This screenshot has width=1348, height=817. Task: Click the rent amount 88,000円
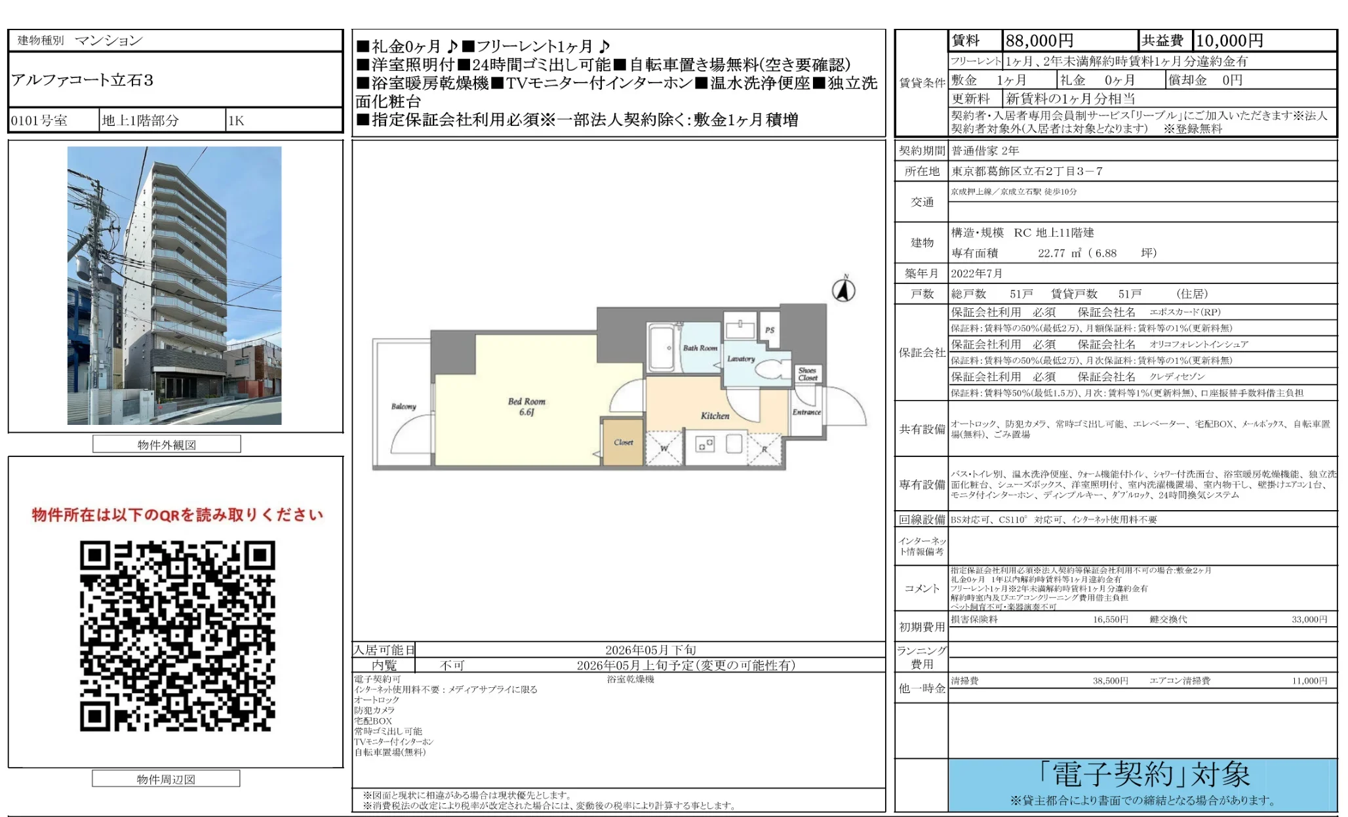[1039, 41]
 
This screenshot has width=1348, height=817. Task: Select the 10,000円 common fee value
[1229, 41]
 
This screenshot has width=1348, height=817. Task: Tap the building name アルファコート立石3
[83, 80]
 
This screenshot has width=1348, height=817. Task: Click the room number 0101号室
[39, 121]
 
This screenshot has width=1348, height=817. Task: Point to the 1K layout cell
[237, 121]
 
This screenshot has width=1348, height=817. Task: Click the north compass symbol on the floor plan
[844, 289]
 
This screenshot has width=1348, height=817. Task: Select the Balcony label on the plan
[403, 407]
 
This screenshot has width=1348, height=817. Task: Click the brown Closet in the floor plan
[623, 443]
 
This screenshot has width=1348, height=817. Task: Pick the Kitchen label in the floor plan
[715, 416]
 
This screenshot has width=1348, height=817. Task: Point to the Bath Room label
[700, 348]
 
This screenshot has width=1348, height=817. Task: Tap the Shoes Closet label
[808, 374]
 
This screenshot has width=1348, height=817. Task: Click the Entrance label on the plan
[806, 412]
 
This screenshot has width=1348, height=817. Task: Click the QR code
[177, 636]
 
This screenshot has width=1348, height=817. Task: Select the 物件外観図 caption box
[167, 445]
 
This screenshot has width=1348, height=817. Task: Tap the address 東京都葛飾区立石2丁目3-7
[1027, 171]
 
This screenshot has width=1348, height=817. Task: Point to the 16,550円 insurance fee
[1110, 620]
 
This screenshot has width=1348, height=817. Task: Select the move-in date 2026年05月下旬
[650, 650]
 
